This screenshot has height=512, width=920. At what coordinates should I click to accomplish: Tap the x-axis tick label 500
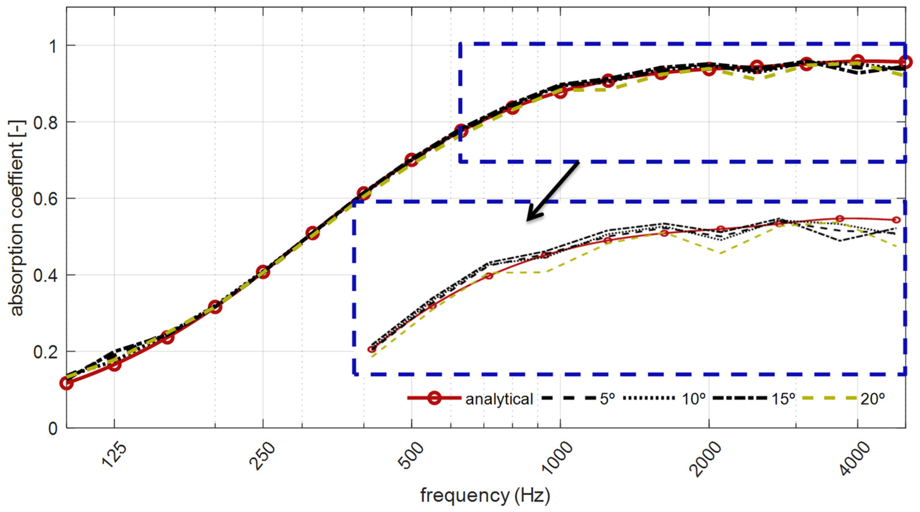[x=412, y=455]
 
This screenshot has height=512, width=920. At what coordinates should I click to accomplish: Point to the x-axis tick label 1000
[x=557, y=457]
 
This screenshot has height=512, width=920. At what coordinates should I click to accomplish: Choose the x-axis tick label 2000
[x=706, y=457]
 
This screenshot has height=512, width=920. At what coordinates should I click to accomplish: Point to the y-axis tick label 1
[x=53, y=46]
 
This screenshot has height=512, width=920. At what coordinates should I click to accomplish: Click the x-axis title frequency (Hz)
[x=485, y=496]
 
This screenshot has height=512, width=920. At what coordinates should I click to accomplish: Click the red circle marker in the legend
[x=434, y=398]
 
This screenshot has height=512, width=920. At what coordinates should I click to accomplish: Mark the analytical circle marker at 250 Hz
[x=263, y=272]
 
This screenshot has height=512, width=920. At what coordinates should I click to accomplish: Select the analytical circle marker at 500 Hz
[x=412, y=160]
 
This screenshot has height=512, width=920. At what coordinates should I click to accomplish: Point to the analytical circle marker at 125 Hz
[x=115, y=365]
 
